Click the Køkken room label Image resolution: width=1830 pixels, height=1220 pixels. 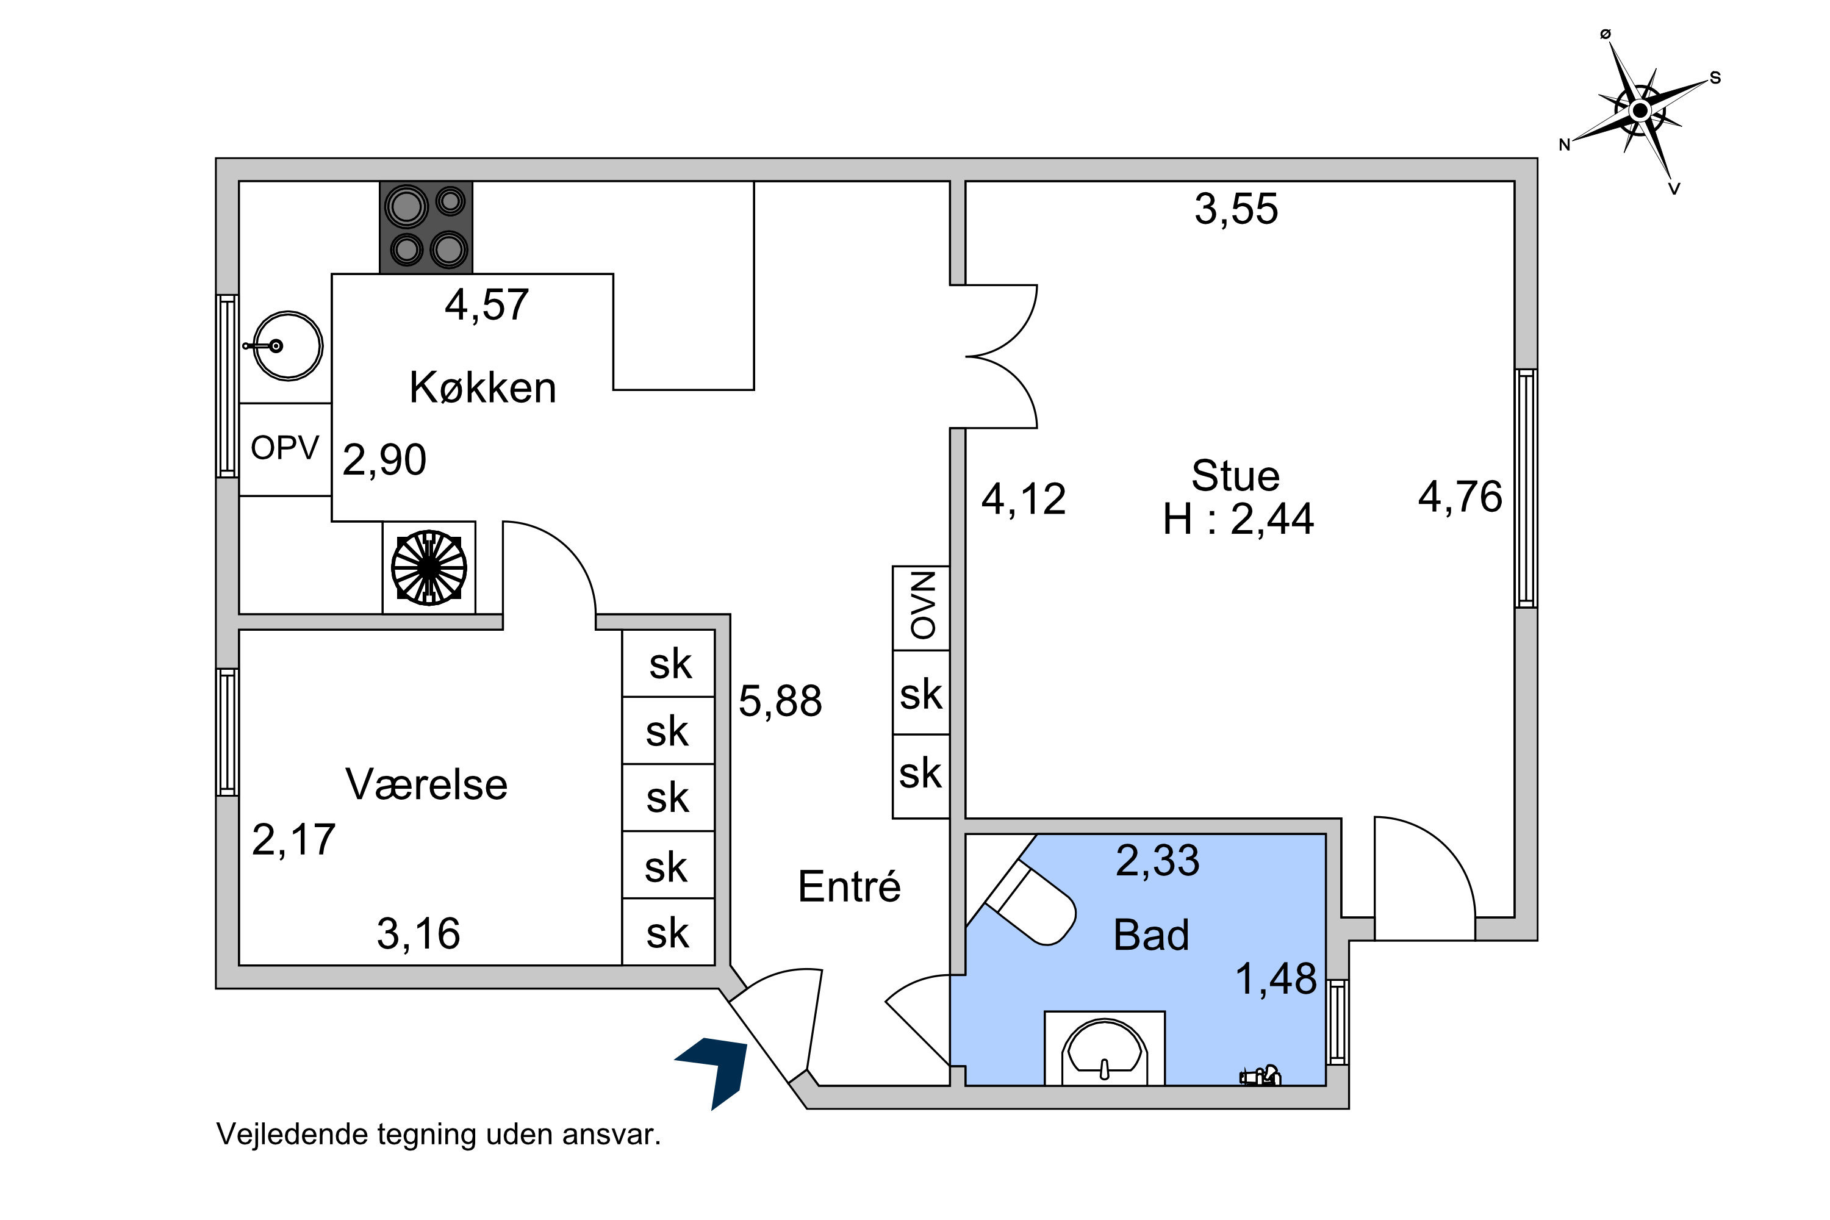pos(483,387)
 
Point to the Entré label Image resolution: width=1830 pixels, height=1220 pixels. pos(849,886)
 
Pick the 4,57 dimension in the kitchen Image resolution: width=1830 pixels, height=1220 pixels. pos(486,304)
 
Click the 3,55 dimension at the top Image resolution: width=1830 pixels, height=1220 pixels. pos(1236,209)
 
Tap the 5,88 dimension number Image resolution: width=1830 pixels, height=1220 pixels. pos(780,700)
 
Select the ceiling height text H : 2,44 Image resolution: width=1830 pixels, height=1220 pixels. pos(1238,519)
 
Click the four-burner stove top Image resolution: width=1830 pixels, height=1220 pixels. pos(426,227)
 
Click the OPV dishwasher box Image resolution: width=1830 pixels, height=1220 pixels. pos(285,449)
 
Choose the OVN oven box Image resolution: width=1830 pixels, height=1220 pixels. pos(921,608)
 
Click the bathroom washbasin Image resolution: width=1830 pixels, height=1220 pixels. pos(1104,1048)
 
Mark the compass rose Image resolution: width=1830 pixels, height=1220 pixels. pos(1640,111)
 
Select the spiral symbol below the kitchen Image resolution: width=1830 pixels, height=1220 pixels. pos(429,567)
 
